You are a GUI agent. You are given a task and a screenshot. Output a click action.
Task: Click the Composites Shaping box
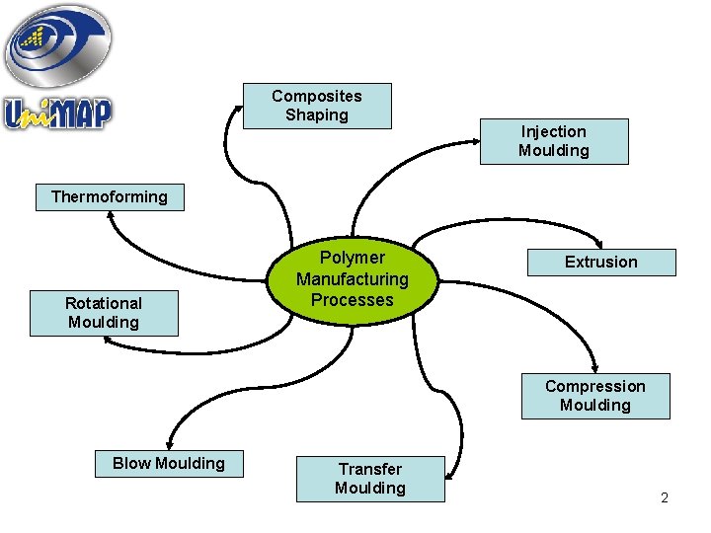(317, 106)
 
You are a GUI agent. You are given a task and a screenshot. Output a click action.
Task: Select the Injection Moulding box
(553, 141)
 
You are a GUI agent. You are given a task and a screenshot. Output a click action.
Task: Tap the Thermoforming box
(109, 196)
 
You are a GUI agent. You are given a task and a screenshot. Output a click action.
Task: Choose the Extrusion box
(600, 262)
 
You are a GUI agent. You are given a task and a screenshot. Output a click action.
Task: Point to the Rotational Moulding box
(104, 313)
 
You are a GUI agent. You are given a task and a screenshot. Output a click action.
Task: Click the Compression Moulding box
(594, 396)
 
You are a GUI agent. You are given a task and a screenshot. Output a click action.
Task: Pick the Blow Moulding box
(168, 463)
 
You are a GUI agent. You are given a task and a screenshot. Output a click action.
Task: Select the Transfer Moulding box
(370, 479)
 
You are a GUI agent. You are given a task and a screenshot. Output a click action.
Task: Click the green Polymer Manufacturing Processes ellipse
(352, 279)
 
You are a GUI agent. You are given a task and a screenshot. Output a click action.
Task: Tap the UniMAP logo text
(58, 114)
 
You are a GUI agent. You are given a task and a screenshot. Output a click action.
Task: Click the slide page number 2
(665, 497)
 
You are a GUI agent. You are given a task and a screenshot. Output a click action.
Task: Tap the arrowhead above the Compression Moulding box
(595, 366)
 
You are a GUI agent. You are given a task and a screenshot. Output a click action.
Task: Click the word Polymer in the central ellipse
(352, 259)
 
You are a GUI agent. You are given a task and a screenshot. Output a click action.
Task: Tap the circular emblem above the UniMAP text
(57, 44)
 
